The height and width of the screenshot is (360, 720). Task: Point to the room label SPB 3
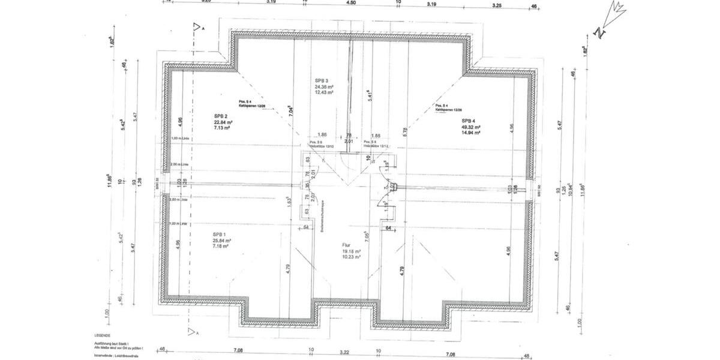click(x=323, y=80)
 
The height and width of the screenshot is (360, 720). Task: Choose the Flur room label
click(x=347, y=245)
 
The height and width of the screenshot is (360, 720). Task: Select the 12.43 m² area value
click(x=324, y=92)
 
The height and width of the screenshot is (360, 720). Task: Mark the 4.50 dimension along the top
click(x=351, y=2)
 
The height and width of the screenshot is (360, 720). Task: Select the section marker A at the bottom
click(x=192, y=331)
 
